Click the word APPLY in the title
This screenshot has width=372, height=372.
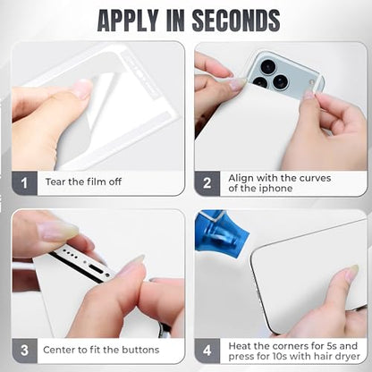pos(128,21)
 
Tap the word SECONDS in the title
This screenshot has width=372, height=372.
pos(236,21)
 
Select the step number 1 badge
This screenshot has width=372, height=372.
pos(25,183)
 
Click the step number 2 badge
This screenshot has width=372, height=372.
pos(207,183)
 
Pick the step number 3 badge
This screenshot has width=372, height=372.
pos(25,351)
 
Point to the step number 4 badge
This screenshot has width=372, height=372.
pos(207,351)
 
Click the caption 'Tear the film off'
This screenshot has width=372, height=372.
pos(83,182)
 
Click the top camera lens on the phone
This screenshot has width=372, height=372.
pos(267,66)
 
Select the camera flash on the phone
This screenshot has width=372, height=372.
pos(312,82)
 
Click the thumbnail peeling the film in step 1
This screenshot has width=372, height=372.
pos(82,89)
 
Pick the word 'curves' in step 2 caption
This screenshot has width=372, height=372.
pos(315,178)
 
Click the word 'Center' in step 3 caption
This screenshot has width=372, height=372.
pos(59,350)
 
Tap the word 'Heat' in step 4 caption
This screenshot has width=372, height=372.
pos(240,346)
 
